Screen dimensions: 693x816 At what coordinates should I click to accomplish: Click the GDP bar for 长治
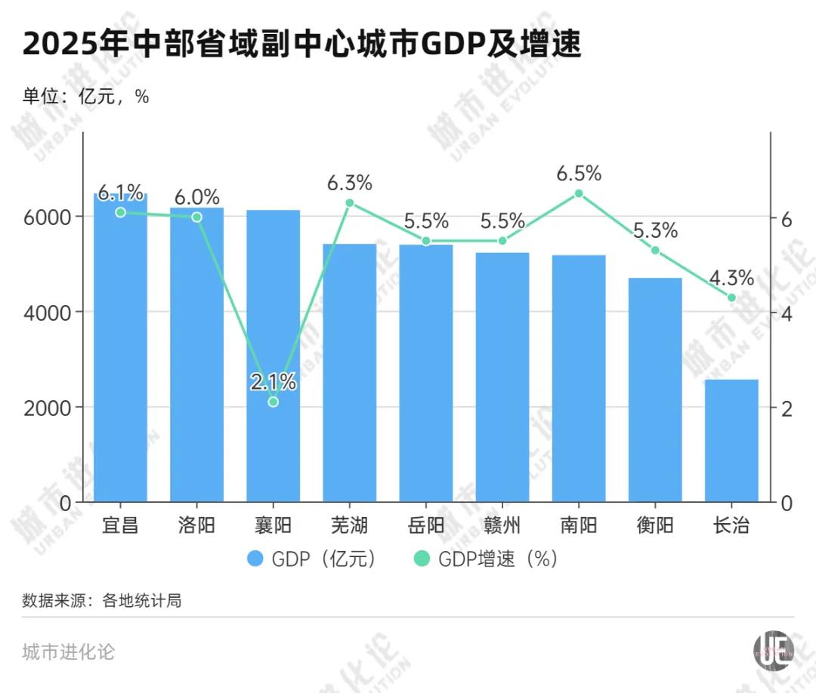731,441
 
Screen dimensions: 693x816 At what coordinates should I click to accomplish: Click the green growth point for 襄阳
273,402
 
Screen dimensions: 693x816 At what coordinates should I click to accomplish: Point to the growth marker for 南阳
579,193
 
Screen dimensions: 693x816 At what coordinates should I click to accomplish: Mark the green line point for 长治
731,297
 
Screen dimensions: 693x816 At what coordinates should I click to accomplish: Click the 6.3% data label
349,183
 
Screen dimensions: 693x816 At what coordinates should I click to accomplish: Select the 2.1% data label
273,382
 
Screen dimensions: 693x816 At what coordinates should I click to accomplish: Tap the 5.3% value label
655,230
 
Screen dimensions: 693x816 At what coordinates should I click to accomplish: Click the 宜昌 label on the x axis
120,525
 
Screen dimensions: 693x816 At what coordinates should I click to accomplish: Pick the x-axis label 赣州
502,525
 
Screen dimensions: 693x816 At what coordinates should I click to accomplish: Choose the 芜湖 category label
349,525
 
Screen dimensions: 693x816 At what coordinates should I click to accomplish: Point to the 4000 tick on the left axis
51,312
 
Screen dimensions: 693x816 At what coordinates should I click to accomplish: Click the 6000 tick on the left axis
51,217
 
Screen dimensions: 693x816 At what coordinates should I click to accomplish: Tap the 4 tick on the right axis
786,313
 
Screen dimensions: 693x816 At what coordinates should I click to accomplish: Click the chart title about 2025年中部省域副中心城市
302,45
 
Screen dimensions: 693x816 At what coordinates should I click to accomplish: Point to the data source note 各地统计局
102,601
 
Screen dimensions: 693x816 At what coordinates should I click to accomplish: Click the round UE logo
774,649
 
